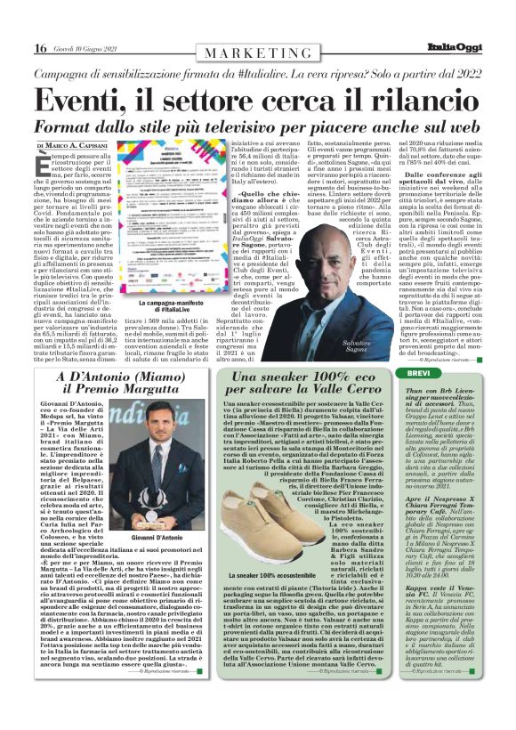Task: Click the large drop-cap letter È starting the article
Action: coord(43,164)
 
